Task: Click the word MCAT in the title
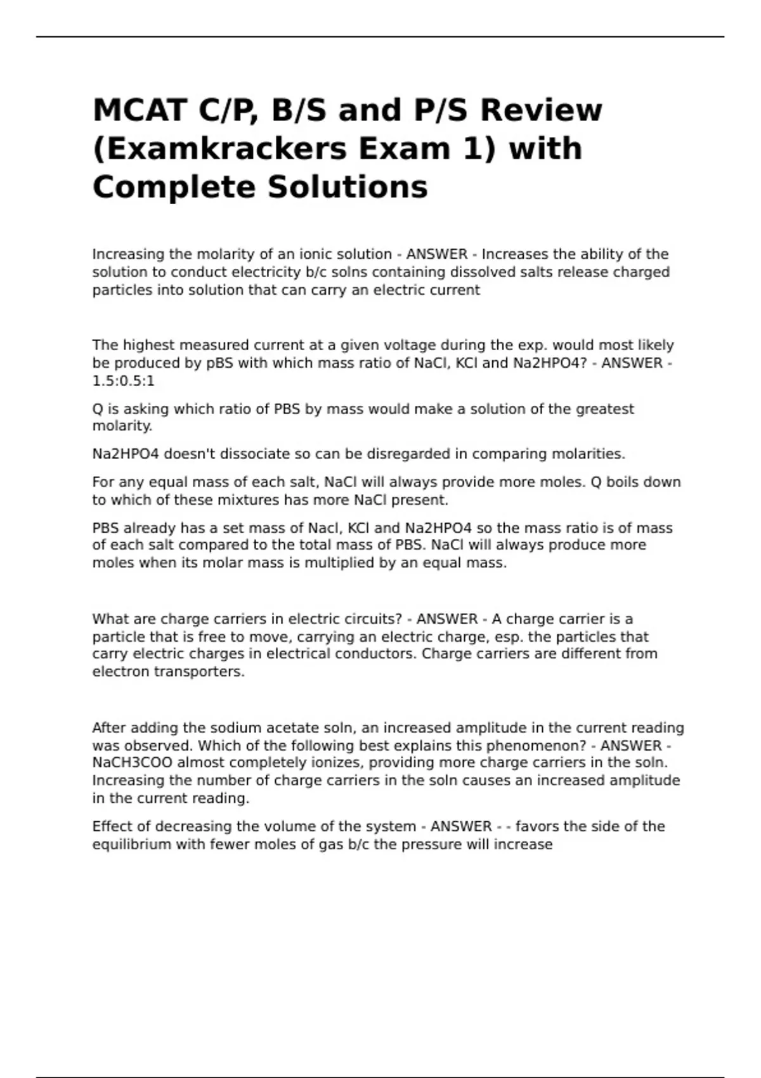click(x=140, y=110)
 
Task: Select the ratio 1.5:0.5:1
click(x=123, y=381)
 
